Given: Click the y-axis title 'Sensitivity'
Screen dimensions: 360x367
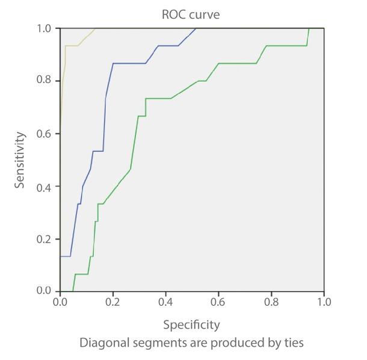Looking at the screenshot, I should click(20, 160).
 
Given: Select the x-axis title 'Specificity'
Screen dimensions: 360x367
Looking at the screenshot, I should click(192, 325).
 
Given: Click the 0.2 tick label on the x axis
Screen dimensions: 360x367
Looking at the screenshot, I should click(113, 300).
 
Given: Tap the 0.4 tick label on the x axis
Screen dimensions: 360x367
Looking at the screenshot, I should click(165, 300).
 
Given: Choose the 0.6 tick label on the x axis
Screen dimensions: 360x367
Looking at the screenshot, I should click(218, 300).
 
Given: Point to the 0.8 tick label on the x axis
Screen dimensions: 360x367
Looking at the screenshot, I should click(271, 300).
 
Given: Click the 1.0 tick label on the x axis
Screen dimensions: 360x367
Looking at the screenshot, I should click(324, 300).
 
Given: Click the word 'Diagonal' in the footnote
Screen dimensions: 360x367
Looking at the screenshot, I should click(102, 343).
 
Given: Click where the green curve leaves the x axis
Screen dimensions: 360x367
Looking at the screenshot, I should click(72, 291).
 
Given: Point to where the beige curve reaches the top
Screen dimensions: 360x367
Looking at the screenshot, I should click(95, 28).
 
